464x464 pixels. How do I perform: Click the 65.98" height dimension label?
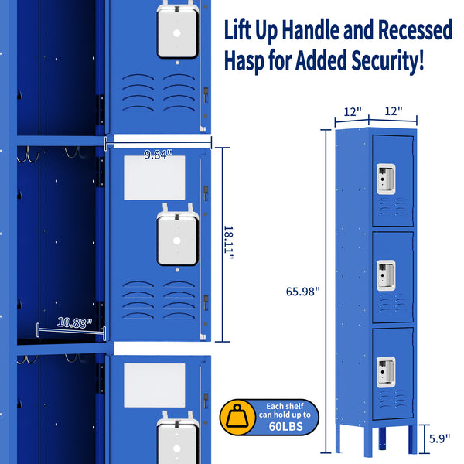(x=301, y=292)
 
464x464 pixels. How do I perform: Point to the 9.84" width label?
(x=158, y=153)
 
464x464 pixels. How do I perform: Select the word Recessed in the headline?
(x=415, y=31)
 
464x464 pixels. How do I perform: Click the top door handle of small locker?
(x=384, y=178)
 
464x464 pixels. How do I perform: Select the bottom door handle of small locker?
(x=384, y=370)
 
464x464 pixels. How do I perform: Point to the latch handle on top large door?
(x=178, y=31)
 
